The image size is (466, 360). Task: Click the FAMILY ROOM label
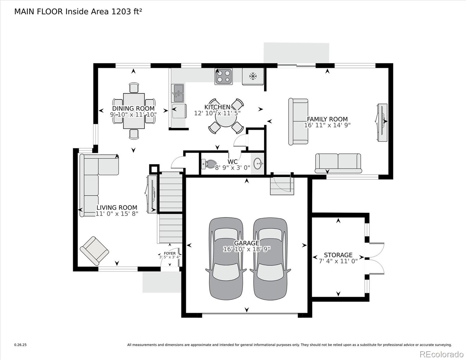[x=327, y=119]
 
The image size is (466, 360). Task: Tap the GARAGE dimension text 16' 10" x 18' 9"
[x=247, y=249]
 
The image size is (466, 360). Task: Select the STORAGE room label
[x=338, y=255]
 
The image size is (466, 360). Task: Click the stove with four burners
[x=224, y=76]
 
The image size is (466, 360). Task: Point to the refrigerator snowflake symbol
[x=253, y=76]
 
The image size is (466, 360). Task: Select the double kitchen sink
[x=178, y=93]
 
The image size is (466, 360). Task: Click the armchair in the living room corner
[x=94, y=251]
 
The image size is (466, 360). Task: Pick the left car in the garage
[x=226, y=259]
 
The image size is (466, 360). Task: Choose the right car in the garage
[x=270, y=259]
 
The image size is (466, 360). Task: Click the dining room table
[x=134, y=111]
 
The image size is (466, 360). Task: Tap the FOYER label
[x=170, y=253]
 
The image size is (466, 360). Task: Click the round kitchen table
[x=226, y=117]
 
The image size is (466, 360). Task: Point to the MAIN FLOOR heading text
[x=38, y=12]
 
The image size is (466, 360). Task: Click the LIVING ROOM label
[x=117, y=208]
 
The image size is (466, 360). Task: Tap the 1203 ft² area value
[x=127, y=11]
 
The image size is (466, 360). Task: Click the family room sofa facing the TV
[x=298, y=121]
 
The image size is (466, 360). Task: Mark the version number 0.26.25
[x=20, y=345]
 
